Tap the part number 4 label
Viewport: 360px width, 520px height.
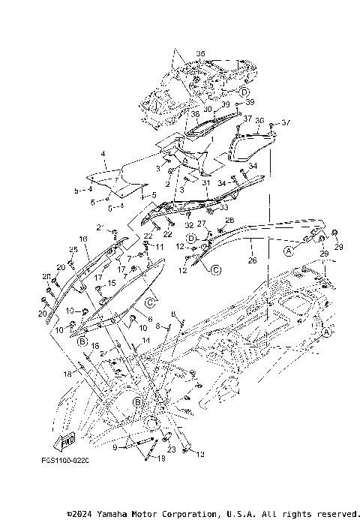click(103, 153)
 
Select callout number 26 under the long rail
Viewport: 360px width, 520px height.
click(251, 260)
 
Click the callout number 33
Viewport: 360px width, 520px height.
click(224, 207)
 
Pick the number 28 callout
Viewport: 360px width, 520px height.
click(229, 219)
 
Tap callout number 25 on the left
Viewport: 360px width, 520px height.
click(73, 249)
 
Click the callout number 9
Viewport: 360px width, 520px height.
click(115, 447)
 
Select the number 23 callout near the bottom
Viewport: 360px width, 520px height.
click(171, 449)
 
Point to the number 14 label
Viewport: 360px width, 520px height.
click(145, 341)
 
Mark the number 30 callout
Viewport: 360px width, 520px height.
click(207, 108)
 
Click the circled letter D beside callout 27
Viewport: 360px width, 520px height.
click(192, 238)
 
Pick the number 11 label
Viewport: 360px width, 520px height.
click(158, 247)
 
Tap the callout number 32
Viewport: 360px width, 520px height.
click(189, 224)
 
